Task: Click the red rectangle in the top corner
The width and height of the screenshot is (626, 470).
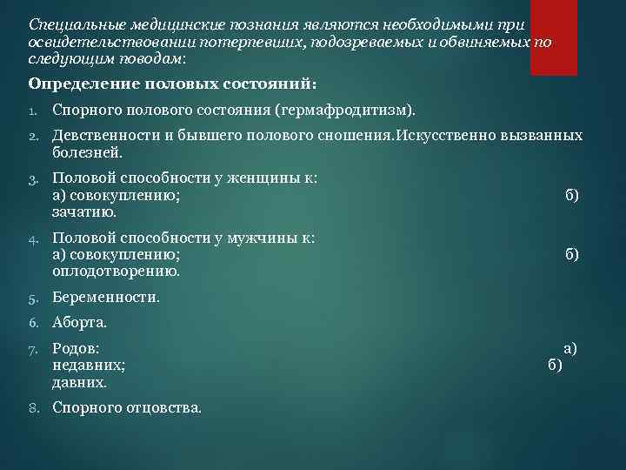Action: [554, 37]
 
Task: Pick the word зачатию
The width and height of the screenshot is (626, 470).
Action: [84, 211]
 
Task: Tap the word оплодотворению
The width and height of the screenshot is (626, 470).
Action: [117, 271]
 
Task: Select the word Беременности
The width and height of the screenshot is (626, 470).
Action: [106, 297]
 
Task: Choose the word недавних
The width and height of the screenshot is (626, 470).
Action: [89, 365]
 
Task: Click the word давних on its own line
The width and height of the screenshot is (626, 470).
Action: [80, 381]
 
